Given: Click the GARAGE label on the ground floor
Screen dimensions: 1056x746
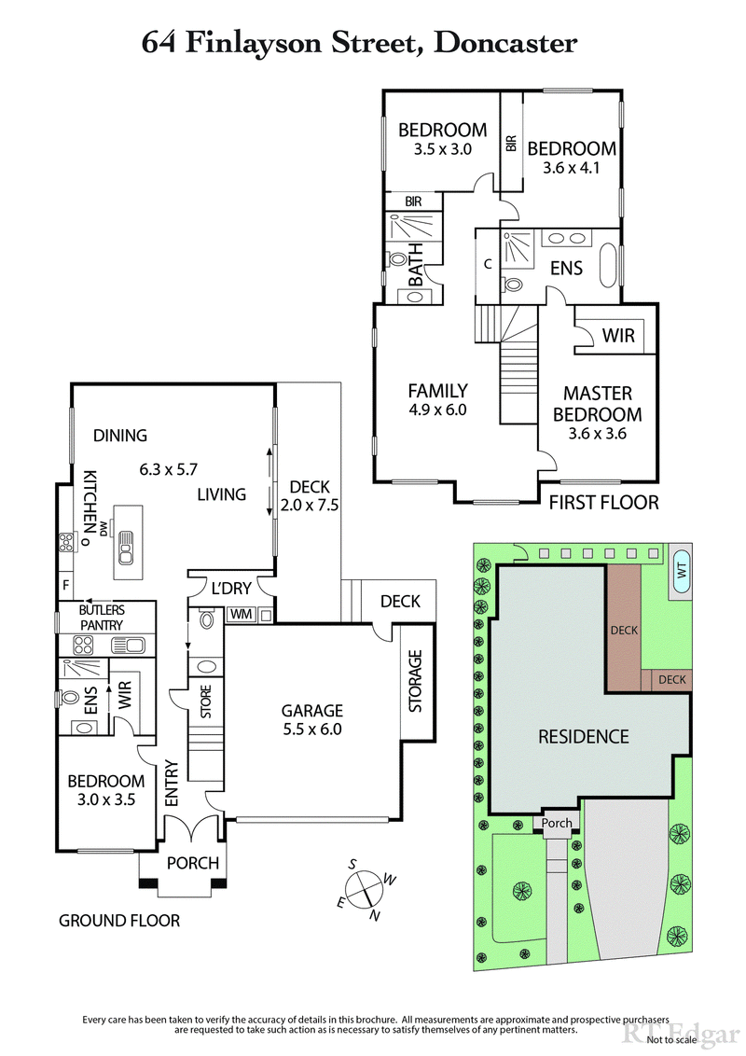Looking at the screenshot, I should tap(312, 710).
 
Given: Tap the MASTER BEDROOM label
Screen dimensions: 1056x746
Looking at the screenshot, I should tap(597, 404).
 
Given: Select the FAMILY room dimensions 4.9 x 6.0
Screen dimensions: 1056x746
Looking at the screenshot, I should tap(437, 410).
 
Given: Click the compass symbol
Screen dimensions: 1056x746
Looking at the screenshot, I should tap(366, 888).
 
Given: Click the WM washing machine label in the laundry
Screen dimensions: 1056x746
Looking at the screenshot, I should tap(241, 614).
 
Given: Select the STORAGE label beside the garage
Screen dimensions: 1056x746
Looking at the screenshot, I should tap(416, 681).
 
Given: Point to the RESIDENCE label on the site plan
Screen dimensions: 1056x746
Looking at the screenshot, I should tap(584, 736).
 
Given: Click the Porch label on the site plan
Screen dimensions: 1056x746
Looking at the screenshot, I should tap(557, 823).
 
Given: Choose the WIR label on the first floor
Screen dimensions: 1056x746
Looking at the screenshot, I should tap(618, 334).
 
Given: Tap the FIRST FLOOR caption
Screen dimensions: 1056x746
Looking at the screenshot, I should tap(603, 503).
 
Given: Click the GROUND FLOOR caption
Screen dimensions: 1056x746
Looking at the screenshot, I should tap(119, 921).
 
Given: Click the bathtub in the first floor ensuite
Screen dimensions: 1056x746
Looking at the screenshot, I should tap(611, 267).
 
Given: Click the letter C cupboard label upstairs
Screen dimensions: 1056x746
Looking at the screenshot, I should tap(488, 263).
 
